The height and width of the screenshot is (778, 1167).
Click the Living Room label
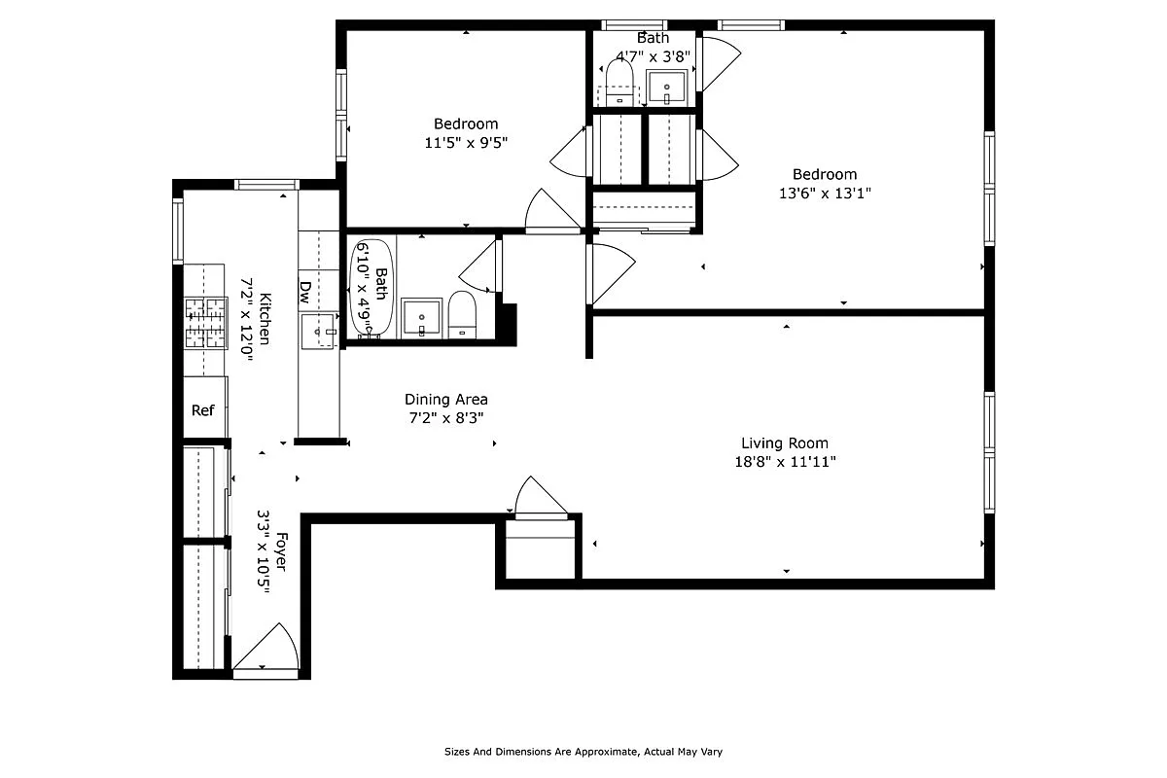785,443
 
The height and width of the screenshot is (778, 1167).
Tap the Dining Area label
445,399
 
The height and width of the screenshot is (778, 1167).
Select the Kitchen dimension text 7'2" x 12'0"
247,320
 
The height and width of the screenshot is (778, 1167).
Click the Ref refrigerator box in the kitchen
203,409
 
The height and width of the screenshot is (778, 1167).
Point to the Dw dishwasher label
305,290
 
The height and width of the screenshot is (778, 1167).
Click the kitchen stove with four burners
205,323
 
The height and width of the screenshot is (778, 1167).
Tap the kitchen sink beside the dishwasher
318,331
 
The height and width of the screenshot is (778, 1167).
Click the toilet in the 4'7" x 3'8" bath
619,83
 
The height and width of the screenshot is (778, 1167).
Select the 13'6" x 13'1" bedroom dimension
824,194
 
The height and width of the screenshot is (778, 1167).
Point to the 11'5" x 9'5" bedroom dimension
466,142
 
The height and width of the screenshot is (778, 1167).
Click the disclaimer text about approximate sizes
583,752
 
